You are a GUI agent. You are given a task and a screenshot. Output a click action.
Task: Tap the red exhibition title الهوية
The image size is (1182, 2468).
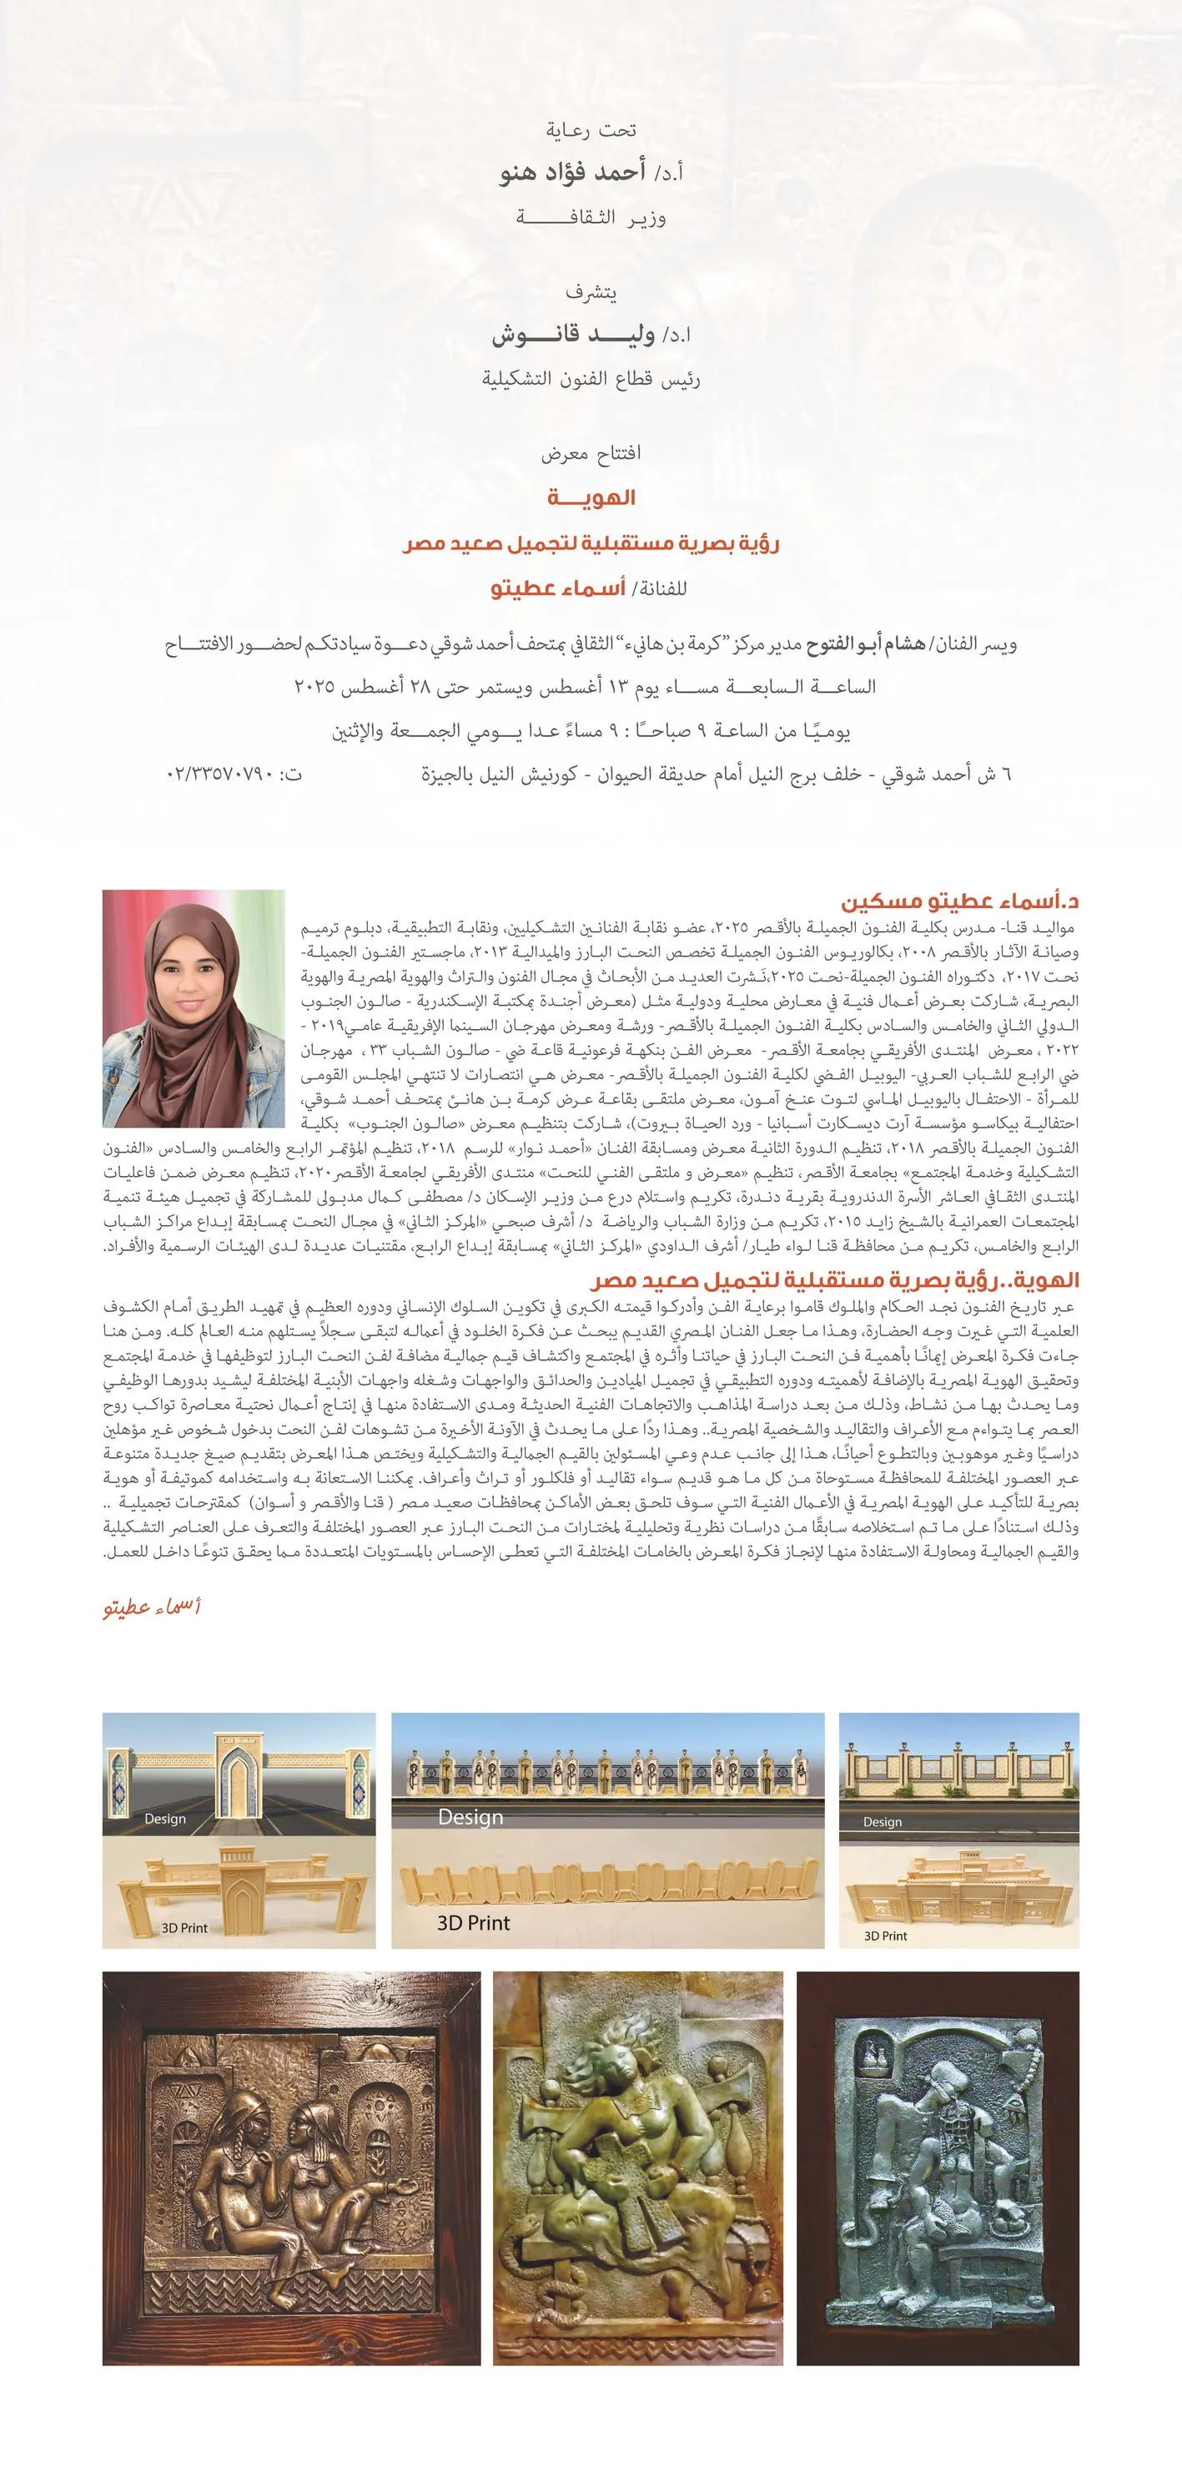(x=591, y=497)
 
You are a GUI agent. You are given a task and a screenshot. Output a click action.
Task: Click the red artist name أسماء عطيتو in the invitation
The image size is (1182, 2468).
(x=558, y=588)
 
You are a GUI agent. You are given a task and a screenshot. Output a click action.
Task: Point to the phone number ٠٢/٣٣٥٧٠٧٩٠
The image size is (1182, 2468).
(x=234, y=773)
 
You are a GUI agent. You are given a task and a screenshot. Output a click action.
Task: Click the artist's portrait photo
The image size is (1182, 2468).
(x=194, y=1008)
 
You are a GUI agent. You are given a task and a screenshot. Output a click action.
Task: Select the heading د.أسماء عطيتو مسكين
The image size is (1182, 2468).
(x=960, y=901)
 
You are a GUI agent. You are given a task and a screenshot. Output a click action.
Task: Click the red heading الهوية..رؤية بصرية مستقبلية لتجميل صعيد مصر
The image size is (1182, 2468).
(x=835, y=1280)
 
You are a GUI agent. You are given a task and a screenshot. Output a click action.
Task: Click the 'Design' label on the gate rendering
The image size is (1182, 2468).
(x=165, y=1819)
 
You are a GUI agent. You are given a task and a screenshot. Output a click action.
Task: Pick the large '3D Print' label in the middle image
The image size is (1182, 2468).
(x=473, y=1923)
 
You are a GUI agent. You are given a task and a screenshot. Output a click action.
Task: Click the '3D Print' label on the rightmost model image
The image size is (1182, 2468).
(x=885, y=1936)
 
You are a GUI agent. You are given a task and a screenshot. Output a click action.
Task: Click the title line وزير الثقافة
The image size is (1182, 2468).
(x=591, y=218)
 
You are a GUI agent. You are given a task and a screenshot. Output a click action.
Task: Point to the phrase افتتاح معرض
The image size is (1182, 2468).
(x=591, y=452)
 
